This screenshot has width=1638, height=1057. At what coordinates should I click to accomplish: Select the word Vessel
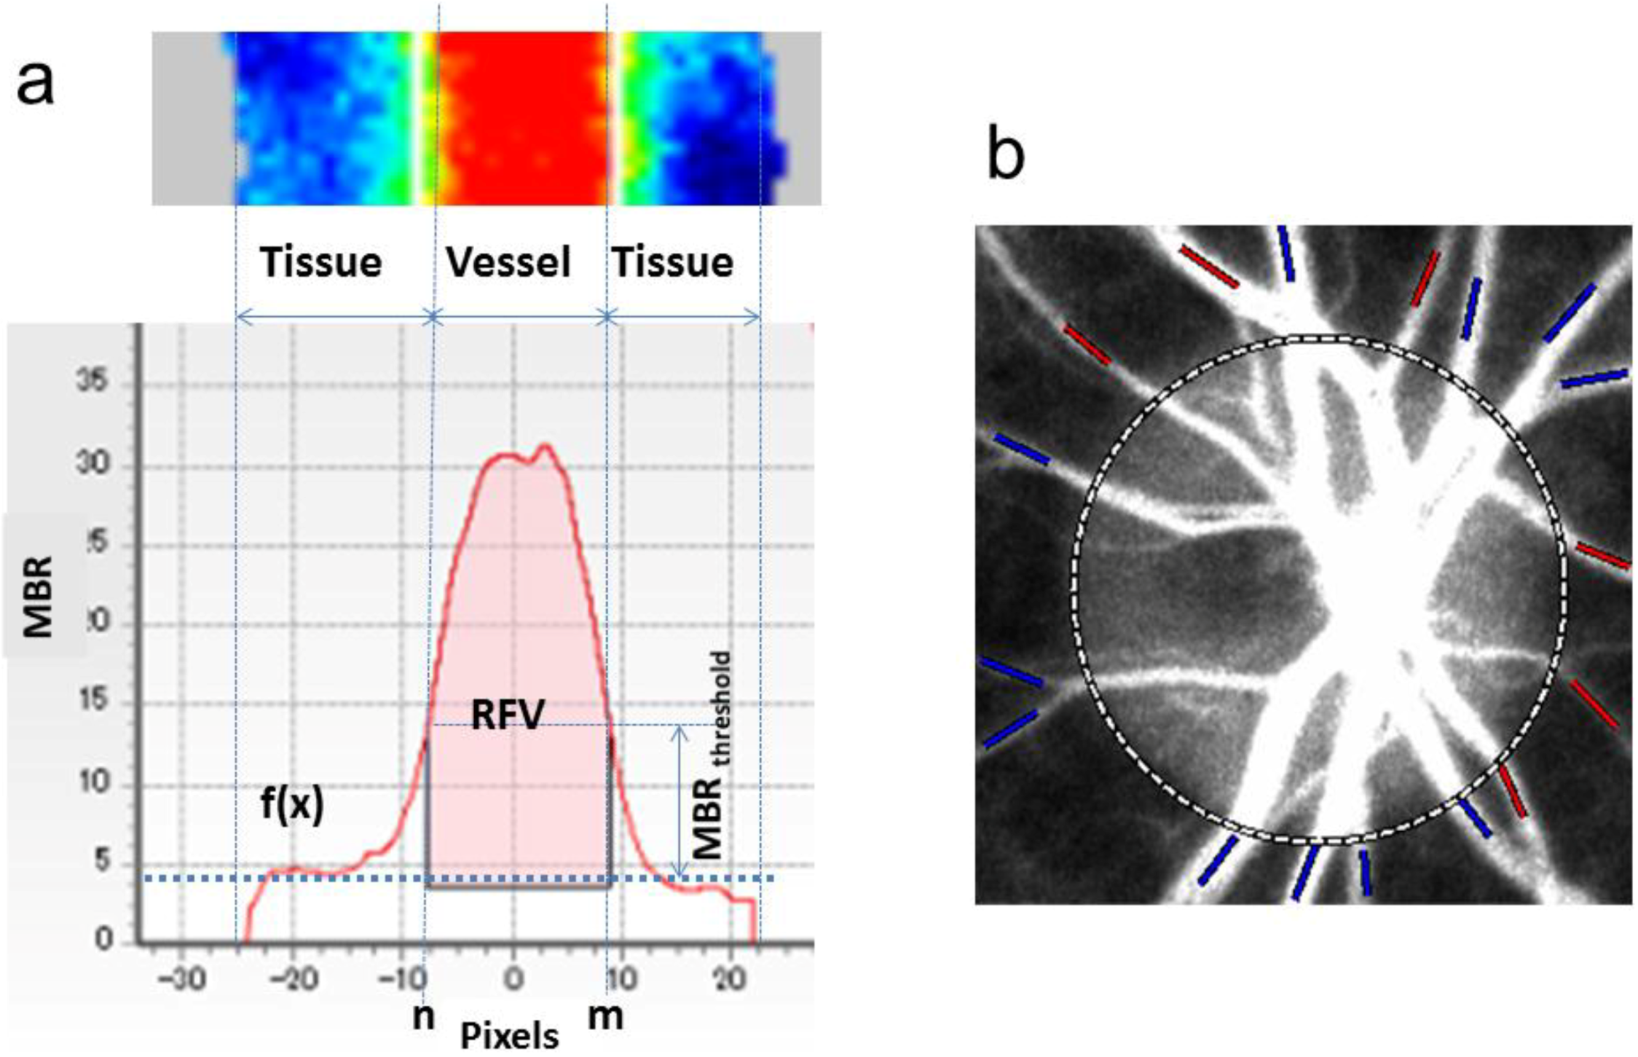508,262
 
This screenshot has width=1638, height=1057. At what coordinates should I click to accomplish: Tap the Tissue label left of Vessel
321,262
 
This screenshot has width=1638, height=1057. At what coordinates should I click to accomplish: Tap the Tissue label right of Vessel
673,262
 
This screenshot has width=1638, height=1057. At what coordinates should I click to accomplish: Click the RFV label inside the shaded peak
508,716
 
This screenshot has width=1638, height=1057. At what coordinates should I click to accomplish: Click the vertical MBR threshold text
709,758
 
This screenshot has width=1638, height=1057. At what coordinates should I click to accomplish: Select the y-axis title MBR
38,597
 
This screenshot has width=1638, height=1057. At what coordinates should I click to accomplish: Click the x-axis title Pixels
509,1035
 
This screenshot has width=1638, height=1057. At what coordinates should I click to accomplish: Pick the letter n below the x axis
423,1017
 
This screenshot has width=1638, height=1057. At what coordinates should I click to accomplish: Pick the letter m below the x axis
605,1017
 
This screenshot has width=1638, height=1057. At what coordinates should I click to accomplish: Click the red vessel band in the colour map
521,117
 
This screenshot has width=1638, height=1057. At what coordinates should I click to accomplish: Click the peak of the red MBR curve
545,446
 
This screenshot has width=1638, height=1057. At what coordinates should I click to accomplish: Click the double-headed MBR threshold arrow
679,801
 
